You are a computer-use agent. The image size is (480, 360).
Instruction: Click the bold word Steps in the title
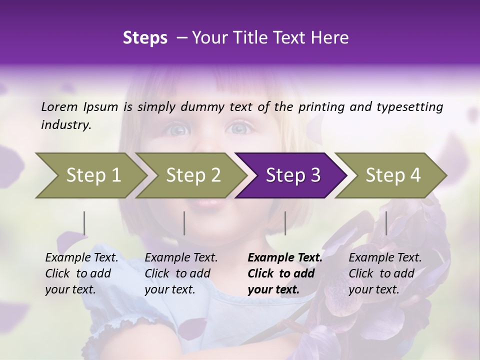click(145, 38)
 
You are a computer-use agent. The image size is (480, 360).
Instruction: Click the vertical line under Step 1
click(84, 223)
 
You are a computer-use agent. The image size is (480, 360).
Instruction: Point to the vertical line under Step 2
click(184, 223)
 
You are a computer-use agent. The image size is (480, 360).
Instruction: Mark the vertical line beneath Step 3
click(285, 223)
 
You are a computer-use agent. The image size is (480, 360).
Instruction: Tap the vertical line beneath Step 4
click(386, 223)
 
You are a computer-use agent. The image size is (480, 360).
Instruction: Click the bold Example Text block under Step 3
click(285, 273)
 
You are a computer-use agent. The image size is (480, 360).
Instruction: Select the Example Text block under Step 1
click(81, 273)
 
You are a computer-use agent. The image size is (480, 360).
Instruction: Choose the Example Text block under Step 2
click(181, 273)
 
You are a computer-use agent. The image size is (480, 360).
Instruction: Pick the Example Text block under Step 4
click(385, 273)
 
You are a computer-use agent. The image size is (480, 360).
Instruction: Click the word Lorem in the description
click(59, 106)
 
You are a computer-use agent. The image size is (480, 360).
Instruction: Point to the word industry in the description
click(66, 125)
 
